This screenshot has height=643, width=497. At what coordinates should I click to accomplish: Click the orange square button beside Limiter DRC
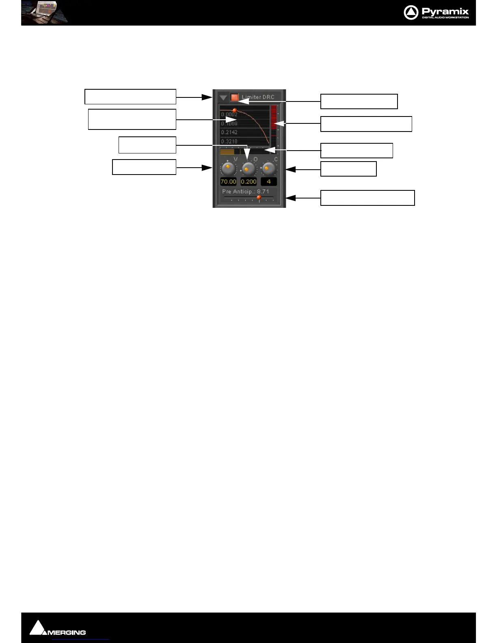coord(234,97)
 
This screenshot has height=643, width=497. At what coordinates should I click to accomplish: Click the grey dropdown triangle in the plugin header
coord(223,98)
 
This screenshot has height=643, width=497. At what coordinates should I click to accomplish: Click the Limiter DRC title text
coord(258,97)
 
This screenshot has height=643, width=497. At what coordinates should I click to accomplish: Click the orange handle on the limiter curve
coord(234,110)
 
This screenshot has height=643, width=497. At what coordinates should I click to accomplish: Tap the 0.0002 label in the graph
coord(229,114)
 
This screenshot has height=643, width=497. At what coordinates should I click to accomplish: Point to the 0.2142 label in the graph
coord(229,132)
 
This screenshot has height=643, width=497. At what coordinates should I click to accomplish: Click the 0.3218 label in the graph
coord(229,141)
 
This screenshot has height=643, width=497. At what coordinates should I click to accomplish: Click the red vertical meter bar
coord(274,118)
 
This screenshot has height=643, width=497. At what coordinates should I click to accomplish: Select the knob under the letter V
coord(228,168)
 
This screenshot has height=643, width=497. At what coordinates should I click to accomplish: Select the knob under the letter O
coord(248,168)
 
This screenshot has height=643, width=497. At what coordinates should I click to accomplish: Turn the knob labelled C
coord(268,168)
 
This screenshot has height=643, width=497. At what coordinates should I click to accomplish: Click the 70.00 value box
coord(228,182)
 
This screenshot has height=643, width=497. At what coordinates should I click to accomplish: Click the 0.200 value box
coord(248,182)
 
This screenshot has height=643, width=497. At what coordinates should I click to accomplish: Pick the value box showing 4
coord(268,182)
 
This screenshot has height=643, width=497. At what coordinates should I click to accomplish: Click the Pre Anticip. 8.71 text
coord(245,192)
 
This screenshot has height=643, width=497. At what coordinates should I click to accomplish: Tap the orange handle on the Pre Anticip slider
coord(259,197)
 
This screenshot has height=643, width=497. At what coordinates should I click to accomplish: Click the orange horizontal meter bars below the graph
coord(227,152)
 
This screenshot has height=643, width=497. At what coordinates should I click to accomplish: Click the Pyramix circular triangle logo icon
coord(411,13)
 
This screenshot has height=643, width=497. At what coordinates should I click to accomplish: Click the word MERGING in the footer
coord(67,632)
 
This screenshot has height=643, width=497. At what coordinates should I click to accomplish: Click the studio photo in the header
coord(45,13)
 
